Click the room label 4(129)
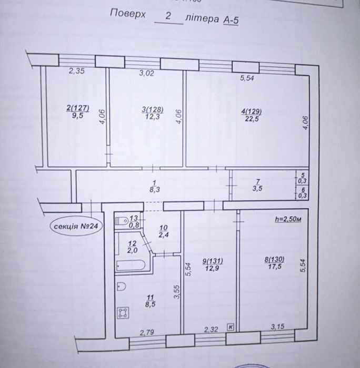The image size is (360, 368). (x=252, y=111)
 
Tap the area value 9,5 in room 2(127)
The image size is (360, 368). (x=78, y=116)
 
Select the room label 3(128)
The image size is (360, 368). (x=153, y=109)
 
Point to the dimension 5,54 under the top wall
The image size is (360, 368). (x=247, y=78)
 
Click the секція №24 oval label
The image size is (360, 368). (x=76, y=226)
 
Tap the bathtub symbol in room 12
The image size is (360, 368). (x=131, y=265)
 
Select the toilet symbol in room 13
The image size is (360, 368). (x=122, y=221)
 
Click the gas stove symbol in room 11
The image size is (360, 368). (x=123, y=313)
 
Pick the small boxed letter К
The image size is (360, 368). (x=231, y=326)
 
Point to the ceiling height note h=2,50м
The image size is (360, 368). (x=288, y=219)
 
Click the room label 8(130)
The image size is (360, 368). (x=274, y=259)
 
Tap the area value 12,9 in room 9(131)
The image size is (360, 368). (x=212, y=268)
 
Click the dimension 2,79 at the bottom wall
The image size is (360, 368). (x=147, y=332)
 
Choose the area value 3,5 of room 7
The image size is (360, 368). (x=257, y=188)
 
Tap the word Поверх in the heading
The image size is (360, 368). (x=128, y=13)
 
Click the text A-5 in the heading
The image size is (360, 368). (x=231, y=20)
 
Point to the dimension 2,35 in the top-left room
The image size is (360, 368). (x=77, y=71)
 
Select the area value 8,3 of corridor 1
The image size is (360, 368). (x=155, y=189)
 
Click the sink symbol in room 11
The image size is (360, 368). (x=121, y=287)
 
